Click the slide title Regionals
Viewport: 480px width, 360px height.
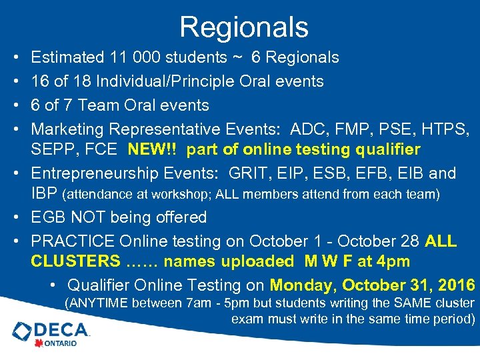tap(243, 27)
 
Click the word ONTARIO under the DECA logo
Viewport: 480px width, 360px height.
tap(61, 343)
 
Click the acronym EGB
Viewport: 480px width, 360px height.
tap(50, 217)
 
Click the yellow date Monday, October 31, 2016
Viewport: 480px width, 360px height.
tap(372, 285)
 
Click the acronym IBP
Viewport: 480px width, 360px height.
tap(44, 195)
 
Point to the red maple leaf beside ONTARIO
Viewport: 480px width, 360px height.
tap(39, 343)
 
